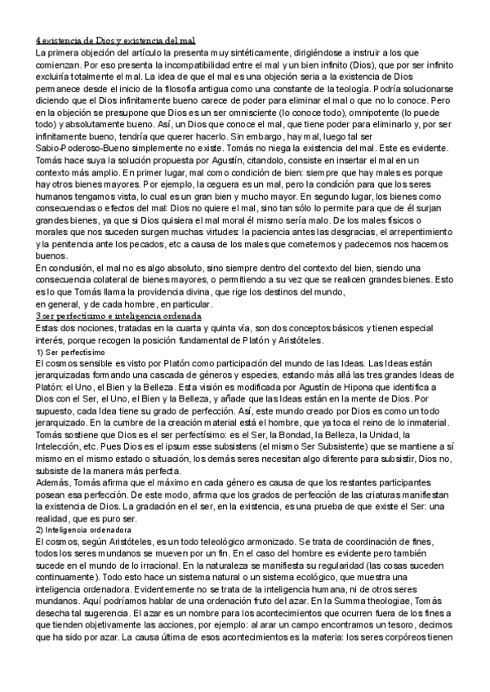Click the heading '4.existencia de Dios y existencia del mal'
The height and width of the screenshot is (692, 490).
(x=120, y=40)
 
